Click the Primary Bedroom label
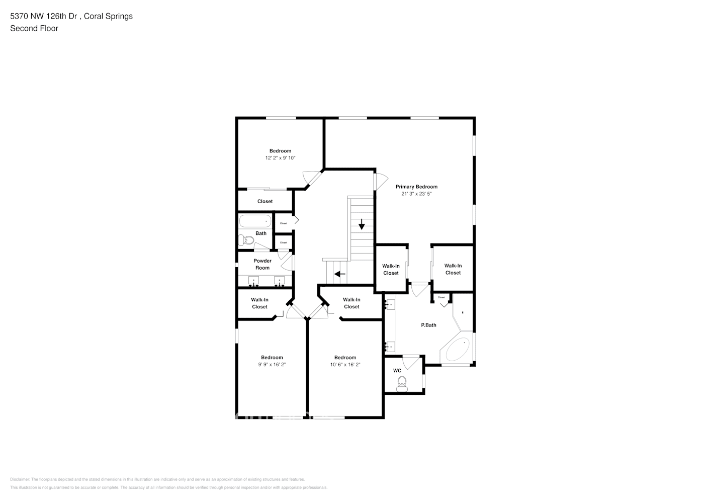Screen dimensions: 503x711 [416, 187]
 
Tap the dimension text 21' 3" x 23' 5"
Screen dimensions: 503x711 [416, 194]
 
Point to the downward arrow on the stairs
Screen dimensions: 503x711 [361, 224]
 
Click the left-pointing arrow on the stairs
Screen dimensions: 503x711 [340, 274]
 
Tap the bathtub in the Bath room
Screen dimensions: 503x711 [255, 221]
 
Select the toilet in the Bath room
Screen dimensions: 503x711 [246, 241]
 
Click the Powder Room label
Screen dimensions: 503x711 [262, 264]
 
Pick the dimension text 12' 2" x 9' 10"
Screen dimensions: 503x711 [280, 158]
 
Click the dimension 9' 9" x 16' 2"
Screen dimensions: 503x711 [272, 365]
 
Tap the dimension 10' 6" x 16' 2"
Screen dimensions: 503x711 [345, 365]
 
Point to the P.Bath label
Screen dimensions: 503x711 [428, 325]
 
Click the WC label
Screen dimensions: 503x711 [397, 371]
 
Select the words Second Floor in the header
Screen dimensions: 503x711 [34, 28]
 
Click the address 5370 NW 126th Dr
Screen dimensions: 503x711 [44, 16]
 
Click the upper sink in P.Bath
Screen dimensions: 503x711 [390, 304]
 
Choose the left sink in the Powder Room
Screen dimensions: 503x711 [254, 281]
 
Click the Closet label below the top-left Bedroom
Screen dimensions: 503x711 [265, 201]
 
